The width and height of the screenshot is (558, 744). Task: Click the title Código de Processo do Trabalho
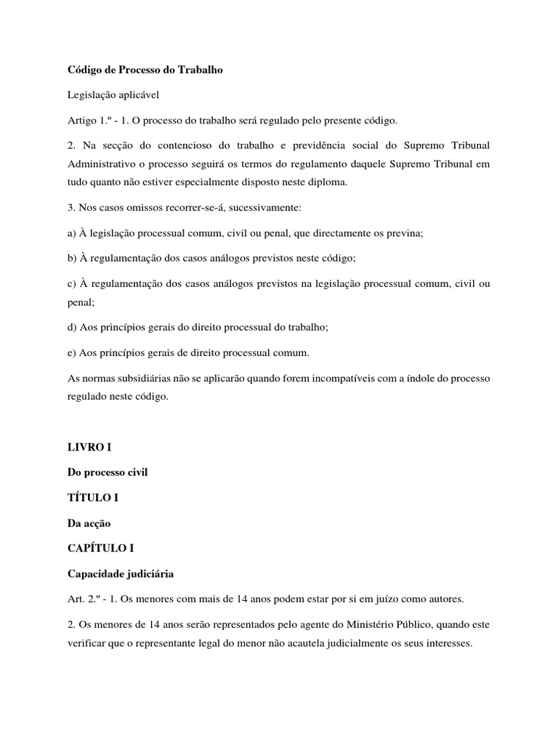[145, 70]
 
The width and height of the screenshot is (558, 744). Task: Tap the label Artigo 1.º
[89, 119]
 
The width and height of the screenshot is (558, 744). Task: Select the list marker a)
[73, 232]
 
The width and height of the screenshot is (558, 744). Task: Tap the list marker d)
[73, 328]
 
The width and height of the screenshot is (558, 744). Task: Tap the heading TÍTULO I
[92, 498]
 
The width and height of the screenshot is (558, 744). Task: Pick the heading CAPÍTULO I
[101, 549]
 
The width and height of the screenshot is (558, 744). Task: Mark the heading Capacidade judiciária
[121, 573]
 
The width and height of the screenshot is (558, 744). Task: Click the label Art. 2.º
[86, 599]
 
